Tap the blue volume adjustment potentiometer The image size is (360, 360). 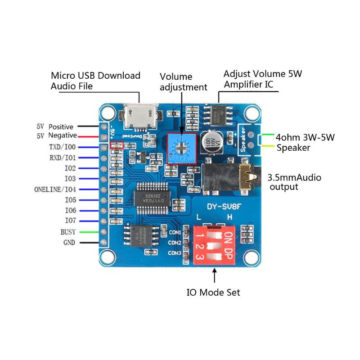coord(182,149)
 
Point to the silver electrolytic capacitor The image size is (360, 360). coord(211,141)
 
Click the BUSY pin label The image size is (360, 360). coord(68,232)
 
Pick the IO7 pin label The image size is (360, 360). coord(70,221)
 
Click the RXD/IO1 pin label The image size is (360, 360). coord(63,157)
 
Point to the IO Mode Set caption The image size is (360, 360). coord(213,292)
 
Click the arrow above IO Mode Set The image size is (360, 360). coord(214,275)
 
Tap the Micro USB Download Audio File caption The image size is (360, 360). coord(95,81)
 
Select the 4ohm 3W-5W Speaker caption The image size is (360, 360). coord(305,142)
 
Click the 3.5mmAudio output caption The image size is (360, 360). coord(294,182)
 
